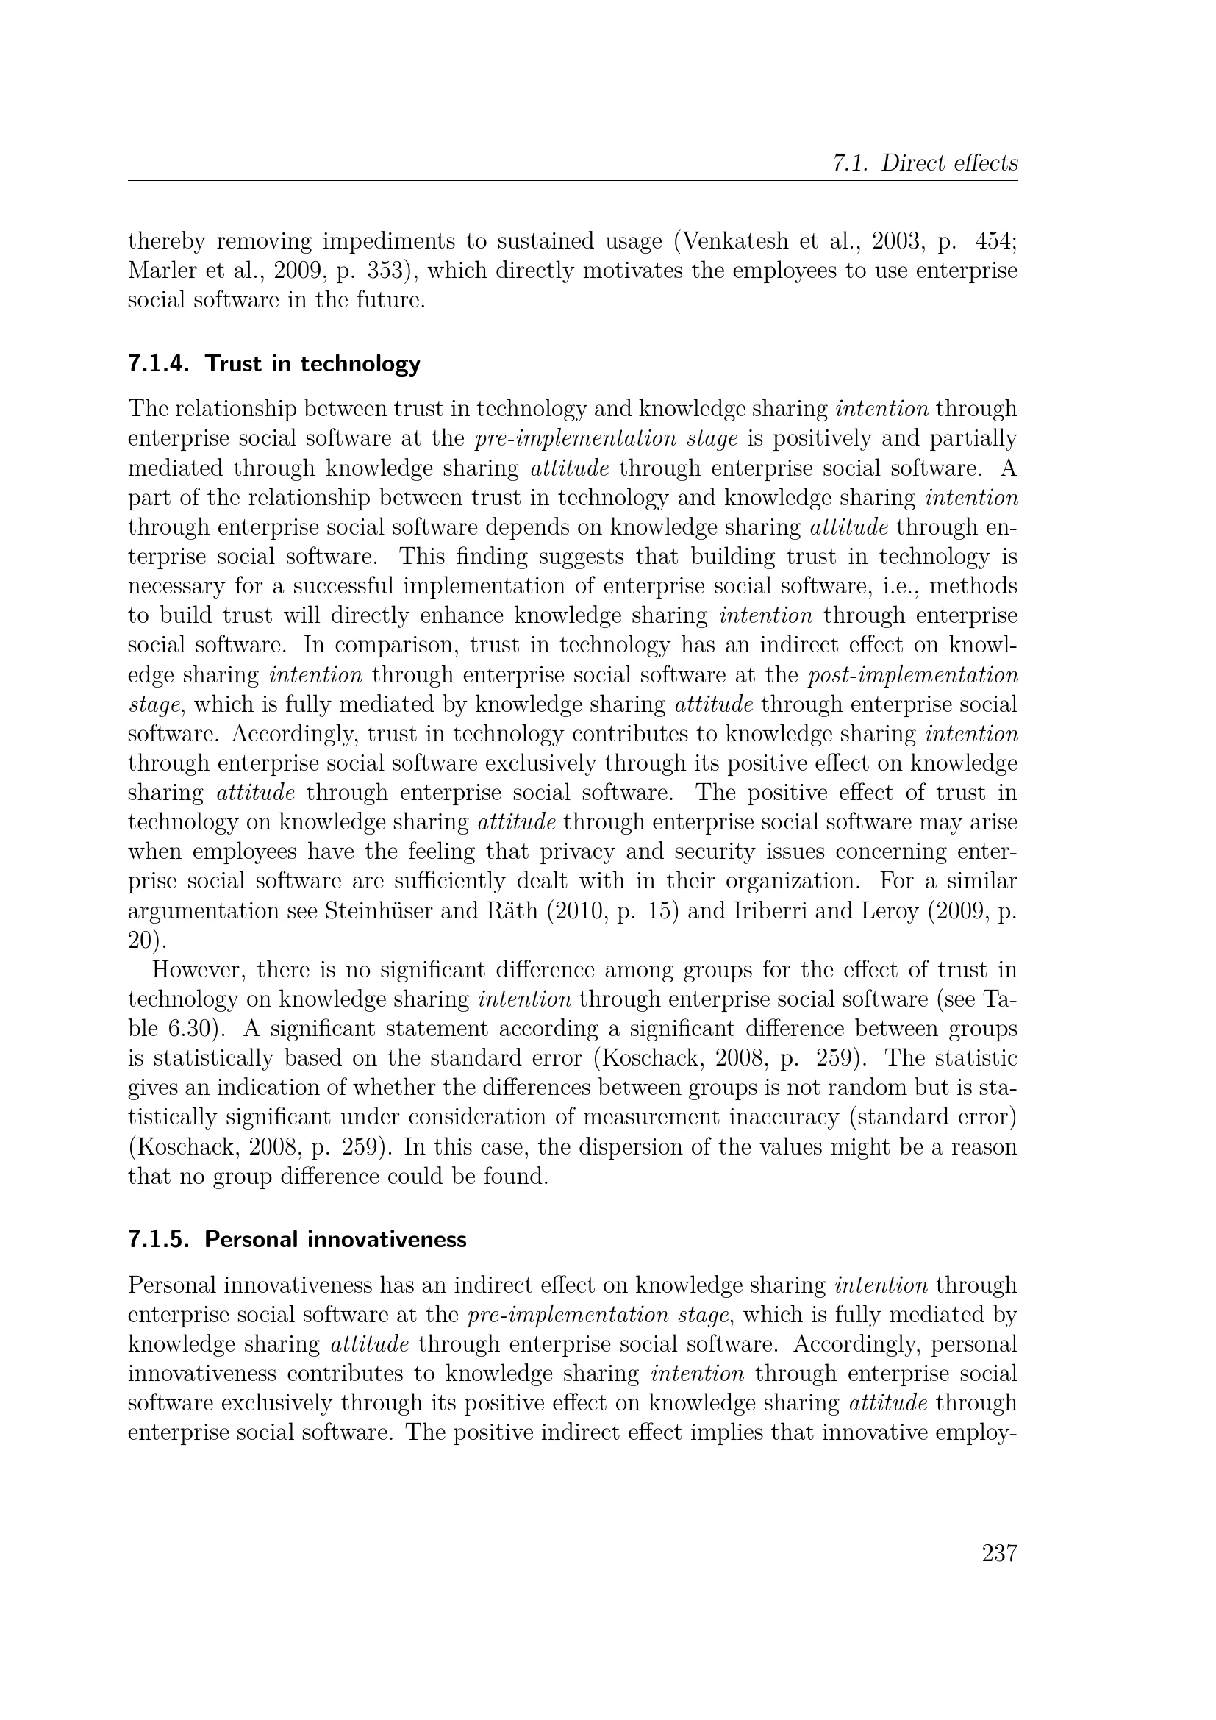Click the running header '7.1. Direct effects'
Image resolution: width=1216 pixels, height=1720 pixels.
coord(925,163)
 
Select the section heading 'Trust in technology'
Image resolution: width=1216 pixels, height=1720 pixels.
coord(312,364)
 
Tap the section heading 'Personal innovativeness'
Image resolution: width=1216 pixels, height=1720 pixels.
coord(335,1240)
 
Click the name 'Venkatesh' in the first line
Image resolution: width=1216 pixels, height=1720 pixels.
coord(729,241)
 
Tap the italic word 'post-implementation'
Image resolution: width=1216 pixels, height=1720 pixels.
coord(913,675)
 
